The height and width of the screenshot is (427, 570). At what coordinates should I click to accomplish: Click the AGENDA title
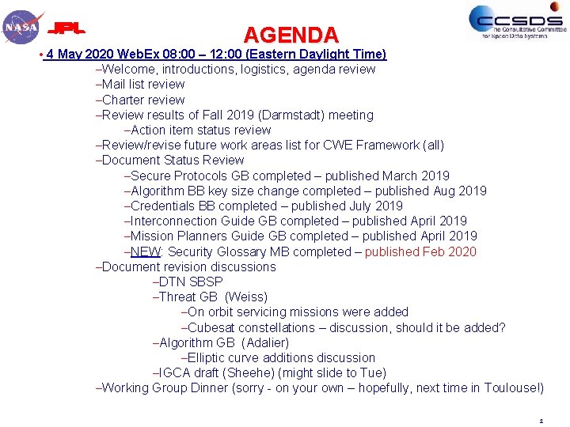point(291,35)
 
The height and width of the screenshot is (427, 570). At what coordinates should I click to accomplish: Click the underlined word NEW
point(146,251)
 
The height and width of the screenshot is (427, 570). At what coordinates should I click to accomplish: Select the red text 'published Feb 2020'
point(420,251)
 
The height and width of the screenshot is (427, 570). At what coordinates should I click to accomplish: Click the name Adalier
point(265,342)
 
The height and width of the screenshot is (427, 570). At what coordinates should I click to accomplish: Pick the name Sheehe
point(248,372)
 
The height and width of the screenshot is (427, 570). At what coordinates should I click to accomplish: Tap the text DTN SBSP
point(190,282)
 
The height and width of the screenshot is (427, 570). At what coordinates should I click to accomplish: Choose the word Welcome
point(129,69)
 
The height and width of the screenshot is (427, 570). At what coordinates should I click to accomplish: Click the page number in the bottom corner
point(541,421)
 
